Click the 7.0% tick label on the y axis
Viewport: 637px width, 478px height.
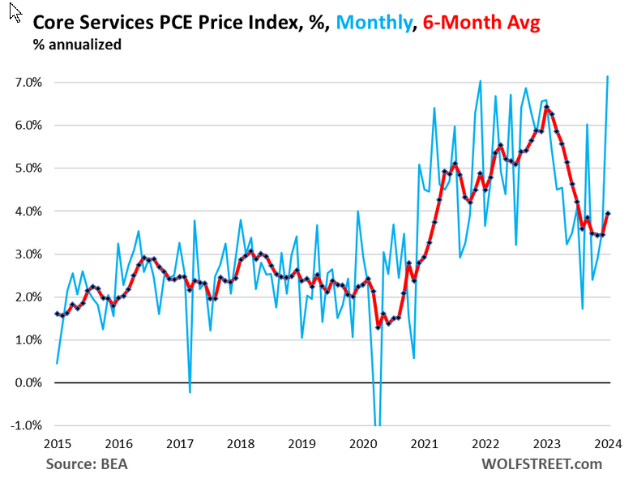click(28, 83)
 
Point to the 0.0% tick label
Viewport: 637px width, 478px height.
click(28, 382)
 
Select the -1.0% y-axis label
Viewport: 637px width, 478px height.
click(27, 425)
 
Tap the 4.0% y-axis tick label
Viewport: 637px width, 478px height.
click(28, 211)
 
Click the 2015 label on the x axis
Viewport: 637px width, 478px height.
click(56, 443)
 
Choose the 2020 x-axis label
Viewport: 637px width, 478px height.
click(362, 443)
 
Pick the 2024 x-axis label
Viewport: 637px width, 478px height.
click(608, 443)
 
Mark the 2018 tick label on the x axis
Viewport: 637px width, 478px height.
click(240, 443)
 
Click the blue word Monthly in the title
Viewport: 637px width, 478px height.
click(369, 24)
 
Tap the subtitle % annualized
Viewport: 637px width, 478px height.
click(78, 45)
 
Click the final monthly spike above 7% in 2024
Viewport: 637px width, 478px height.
click(608, 77)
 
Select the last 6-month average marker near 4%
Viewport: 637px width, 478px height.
click(608, 214)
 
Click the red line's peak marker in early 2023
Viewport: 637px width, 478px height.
click(547, 108)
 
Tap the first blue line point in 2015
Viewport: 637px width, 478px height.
click(57, 363)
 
